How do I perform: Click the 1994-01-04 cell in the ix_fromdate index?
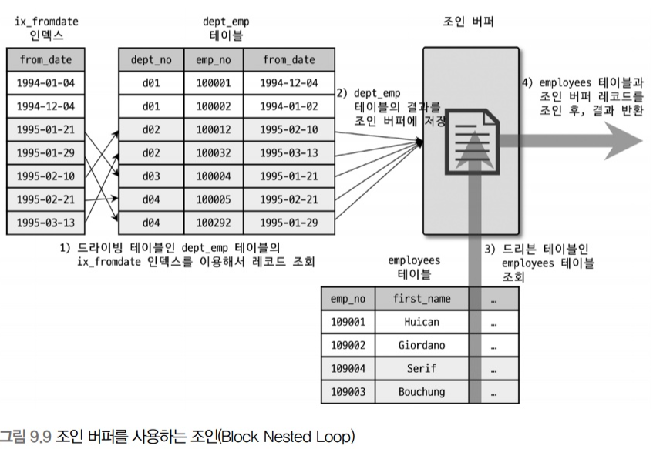coord(45,82)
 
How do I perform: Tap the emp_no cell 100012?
coord(210,129)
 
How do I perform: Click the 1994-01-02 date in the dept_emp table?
coord(288,106)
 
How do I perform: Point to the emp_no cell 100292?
coord(210,223)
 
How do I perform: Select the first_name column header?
coord(421,298)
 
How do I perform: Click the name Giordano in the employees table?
coord(421,345)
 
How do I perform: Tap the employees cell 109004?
coord(348,368)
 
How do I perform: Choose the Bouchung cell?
coord(421,392)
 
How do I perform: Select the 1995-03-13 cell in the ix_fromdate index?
coord(45,223)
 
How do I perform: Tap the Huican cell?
coord(421,322)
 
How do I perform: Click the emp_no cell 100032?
coord(210,152)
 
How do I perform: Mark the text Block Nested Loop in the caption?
coord(295,437)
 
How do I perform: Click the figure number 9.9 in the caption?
coord(40,437)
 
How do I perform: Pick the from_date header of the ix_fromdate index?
coord(45,59)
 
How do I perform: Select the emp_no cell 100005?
coord(210,199)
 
